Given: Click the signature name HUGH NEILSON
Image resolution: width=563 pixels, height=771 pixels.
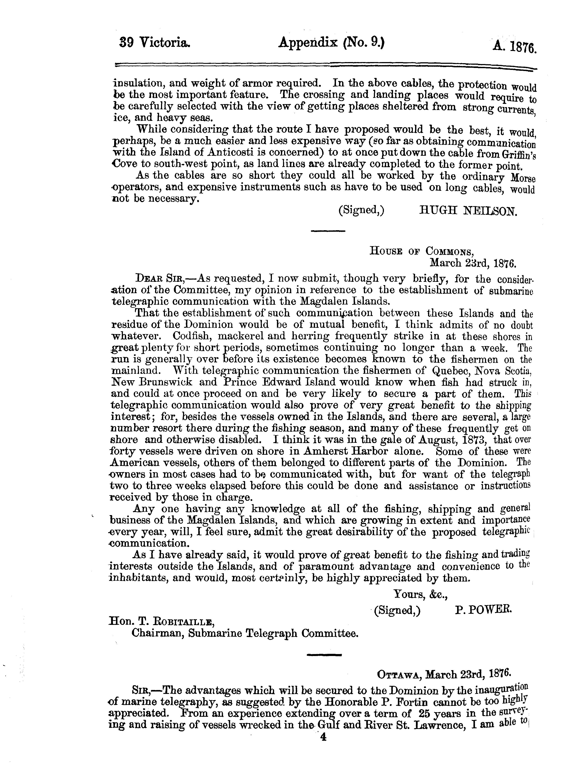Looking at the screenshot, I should coord(468,211).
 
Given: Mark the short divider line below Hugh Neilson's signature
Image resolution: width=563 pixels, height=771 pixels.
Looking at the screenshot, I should coord(328,231).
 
